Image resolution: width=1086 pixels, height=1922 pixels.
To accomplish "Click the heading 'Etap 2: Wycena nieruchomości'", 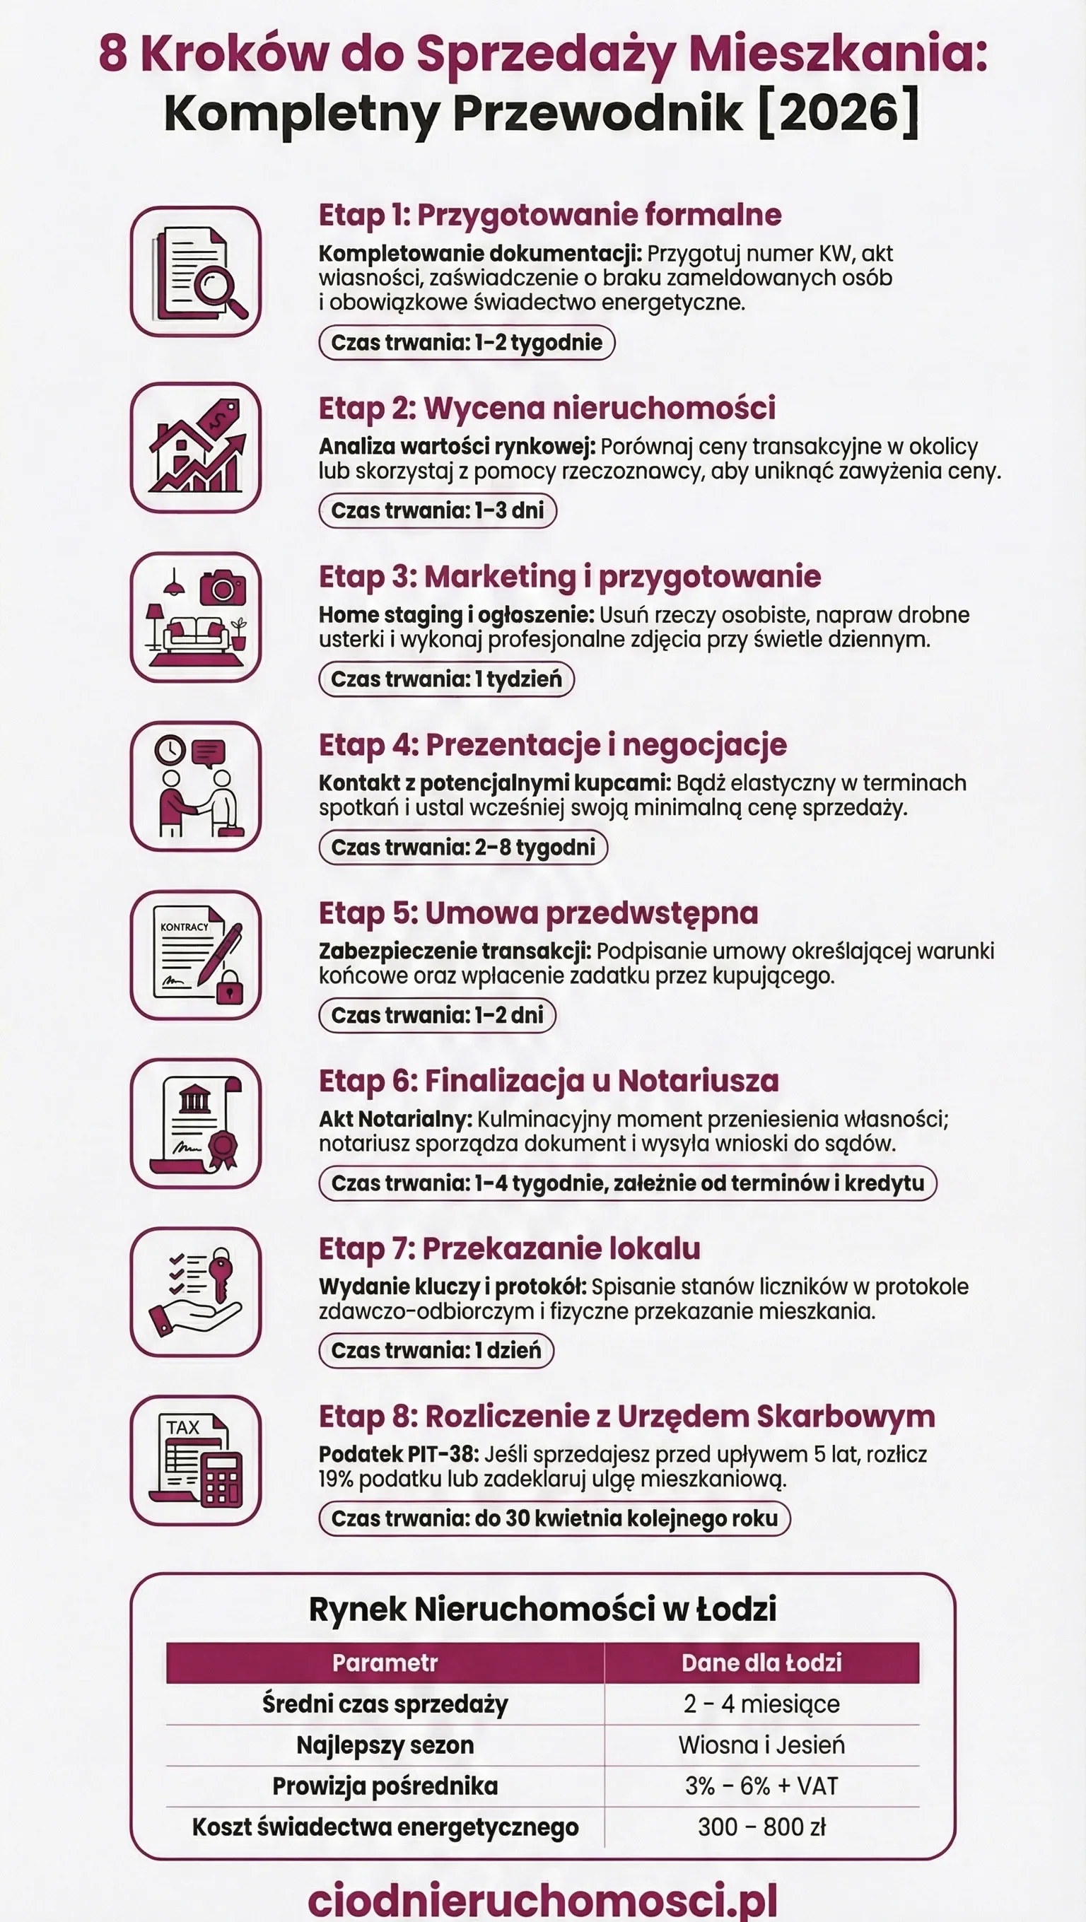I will [x=547, y=408].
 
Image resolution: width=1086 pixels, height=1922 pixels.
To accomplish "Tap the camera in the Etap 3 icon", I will [x=223, y=589].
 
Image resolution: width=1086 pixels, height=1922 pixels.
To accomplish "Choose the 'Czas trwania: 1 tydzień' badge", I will [x=446, y=679].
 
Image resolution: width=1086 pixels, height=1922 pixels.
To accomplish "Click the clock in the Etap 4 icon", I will [x=170, y=750].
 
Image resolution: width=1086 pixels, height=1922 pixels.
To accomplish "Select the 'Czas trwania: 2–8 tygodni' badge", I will [x=463, y=848].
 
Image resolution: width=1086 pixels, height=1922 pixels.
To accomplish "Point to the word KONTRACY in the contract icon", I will [x=185, y=927].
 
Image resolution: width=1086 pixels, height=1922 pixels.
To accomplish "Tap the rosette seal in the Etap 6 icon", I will [x=223, y=1146].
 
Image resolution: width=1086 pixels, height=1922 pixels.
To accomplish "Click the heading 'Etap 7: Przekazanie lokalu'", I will [x=509, y=1248].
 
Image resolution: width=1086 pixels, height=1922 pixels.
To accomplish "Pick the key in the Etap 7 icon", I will [x=221, y=1269].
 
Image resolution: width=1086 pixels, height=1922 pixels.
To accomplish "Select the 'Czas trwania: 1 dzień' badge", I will [x=436, y=1350].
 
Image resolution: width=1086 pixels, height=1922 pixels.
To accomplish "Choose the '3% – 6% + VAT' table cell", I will [x=761, y=1786].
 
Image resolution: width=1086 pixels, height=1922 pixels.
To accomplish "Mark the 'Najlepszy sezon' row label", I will [x=385, y=1745].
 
